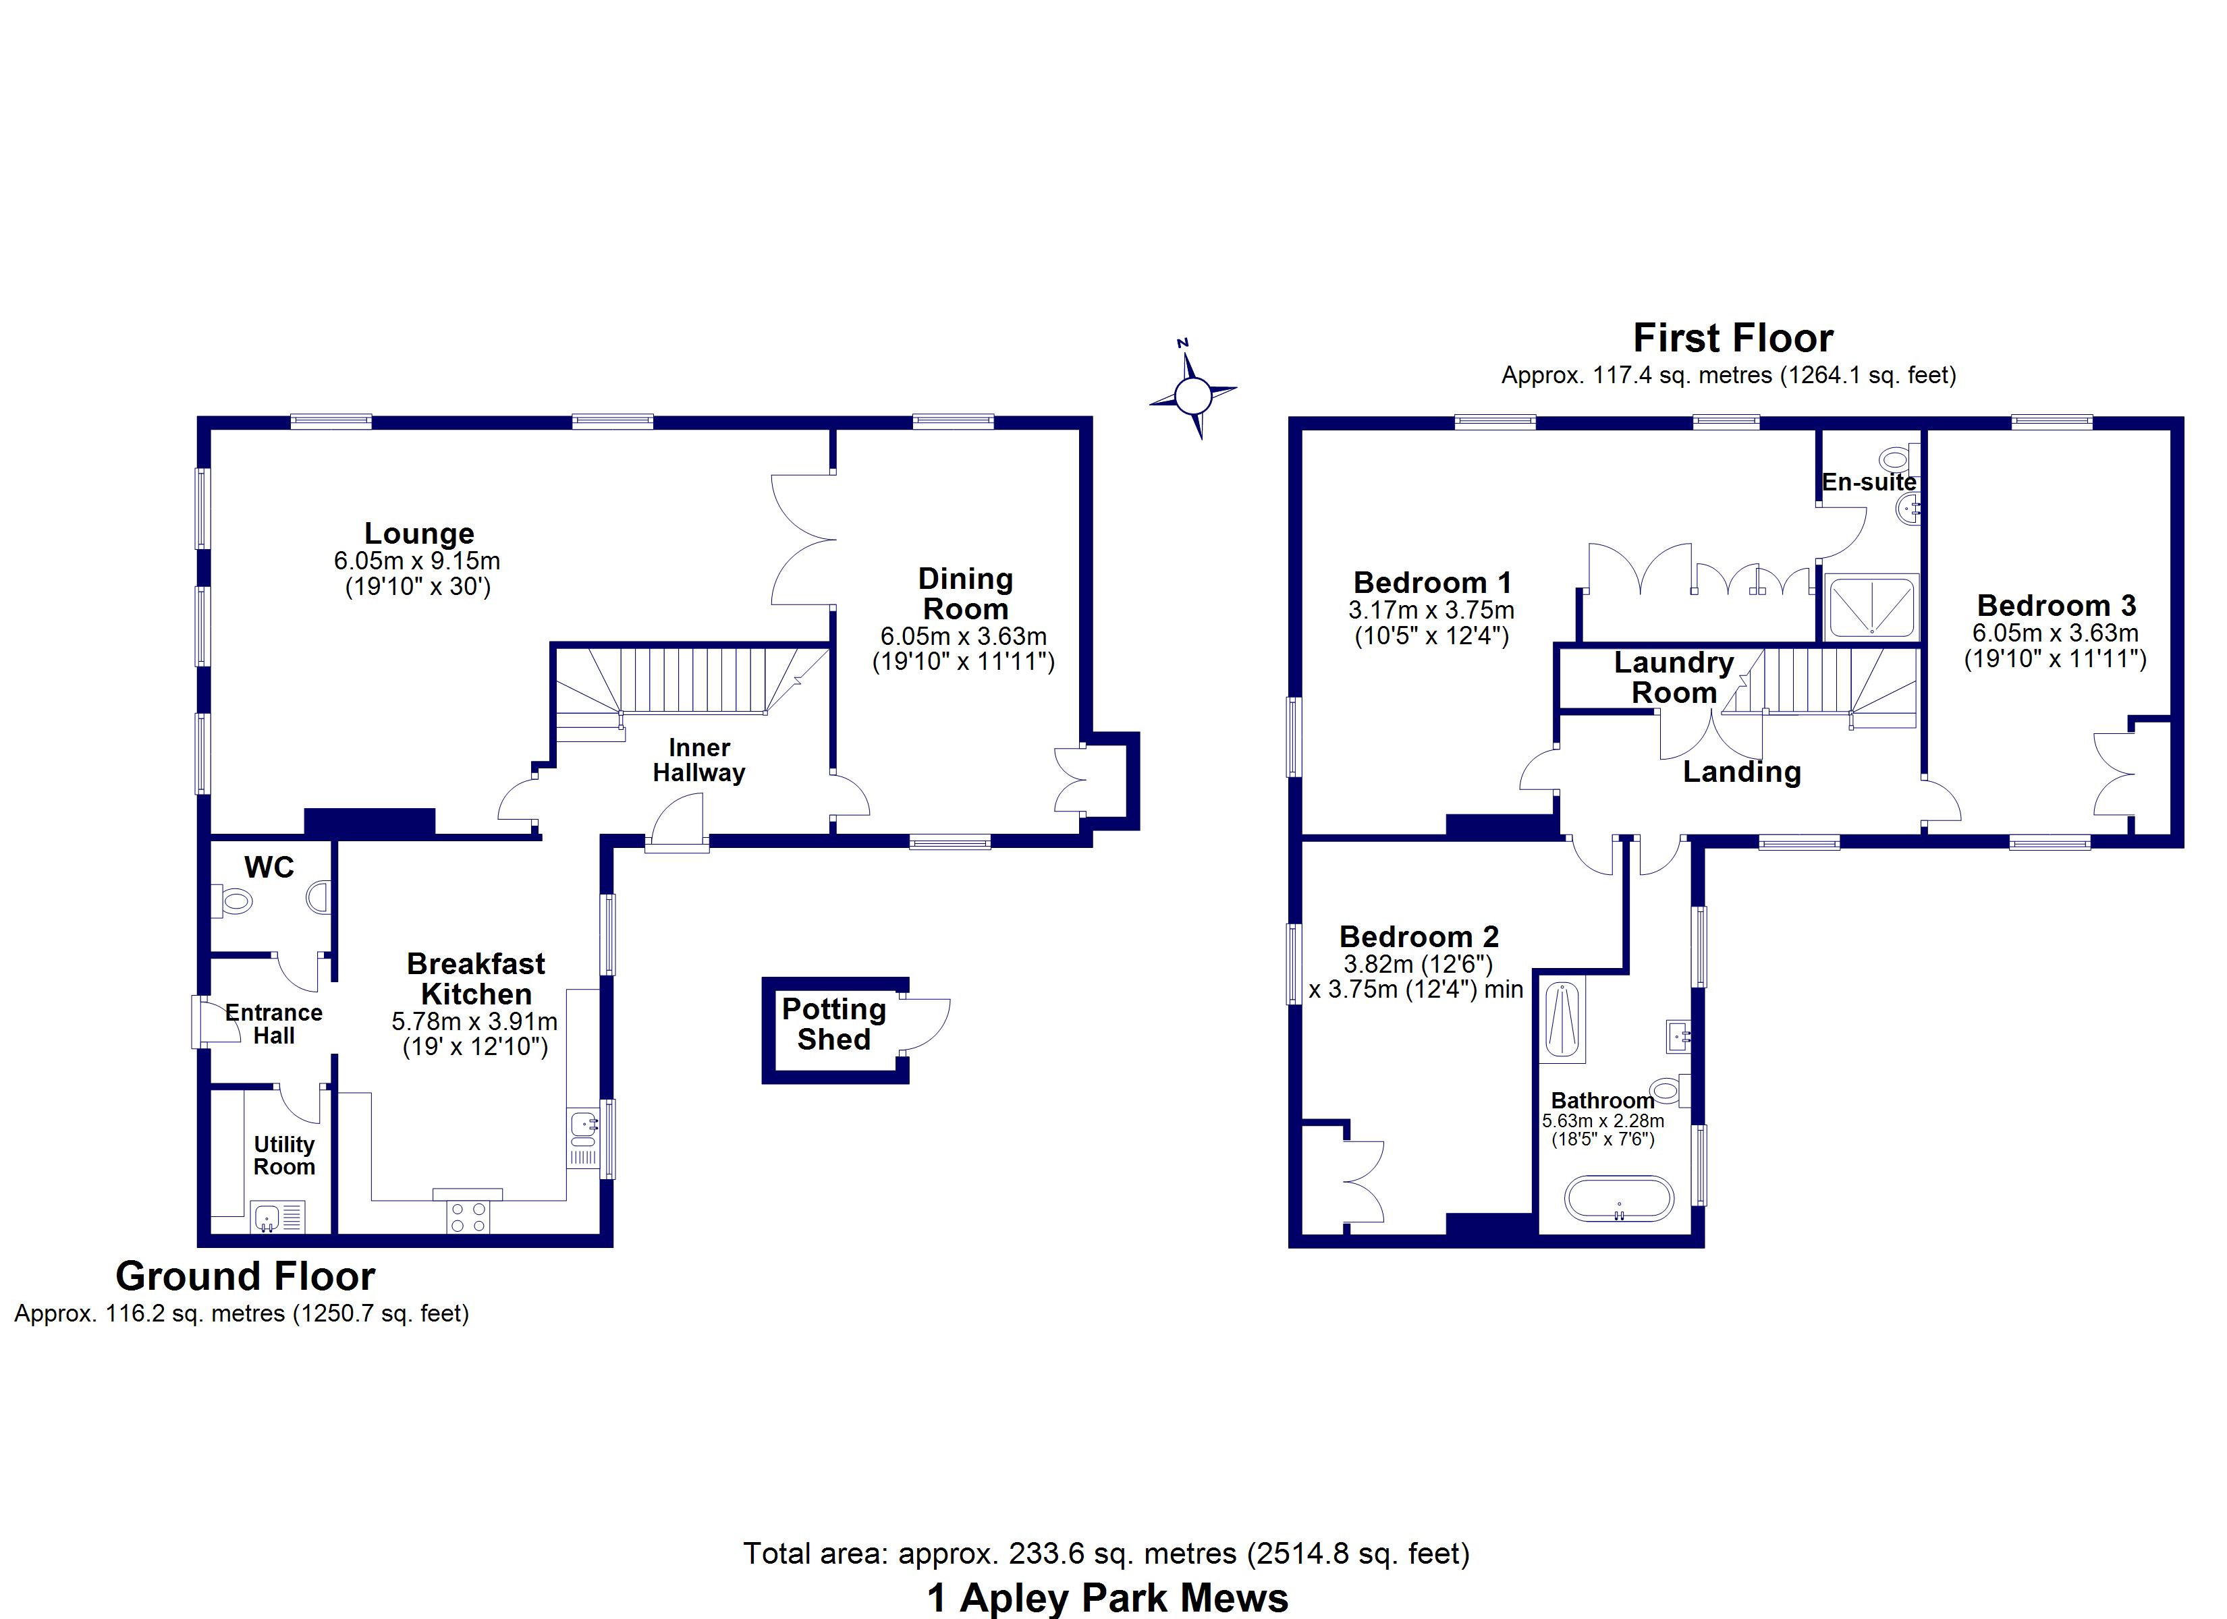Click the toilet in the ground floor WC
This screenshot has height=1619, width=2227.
coord(233,899)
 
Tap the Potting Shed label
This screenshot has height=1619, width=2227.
coord(833,1024)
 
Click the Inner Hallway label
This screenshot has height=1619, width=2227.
coord(698,760)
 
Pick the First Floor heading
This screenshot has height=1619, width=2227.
coord(1732,338)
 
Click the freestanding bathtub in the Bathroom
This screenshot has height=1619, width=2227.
coord(1618,1198)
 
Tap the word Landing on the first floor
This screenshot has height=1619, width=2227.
coord(1741,772)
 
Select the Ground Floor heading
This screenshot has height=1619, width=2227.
coord(246,1276)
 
